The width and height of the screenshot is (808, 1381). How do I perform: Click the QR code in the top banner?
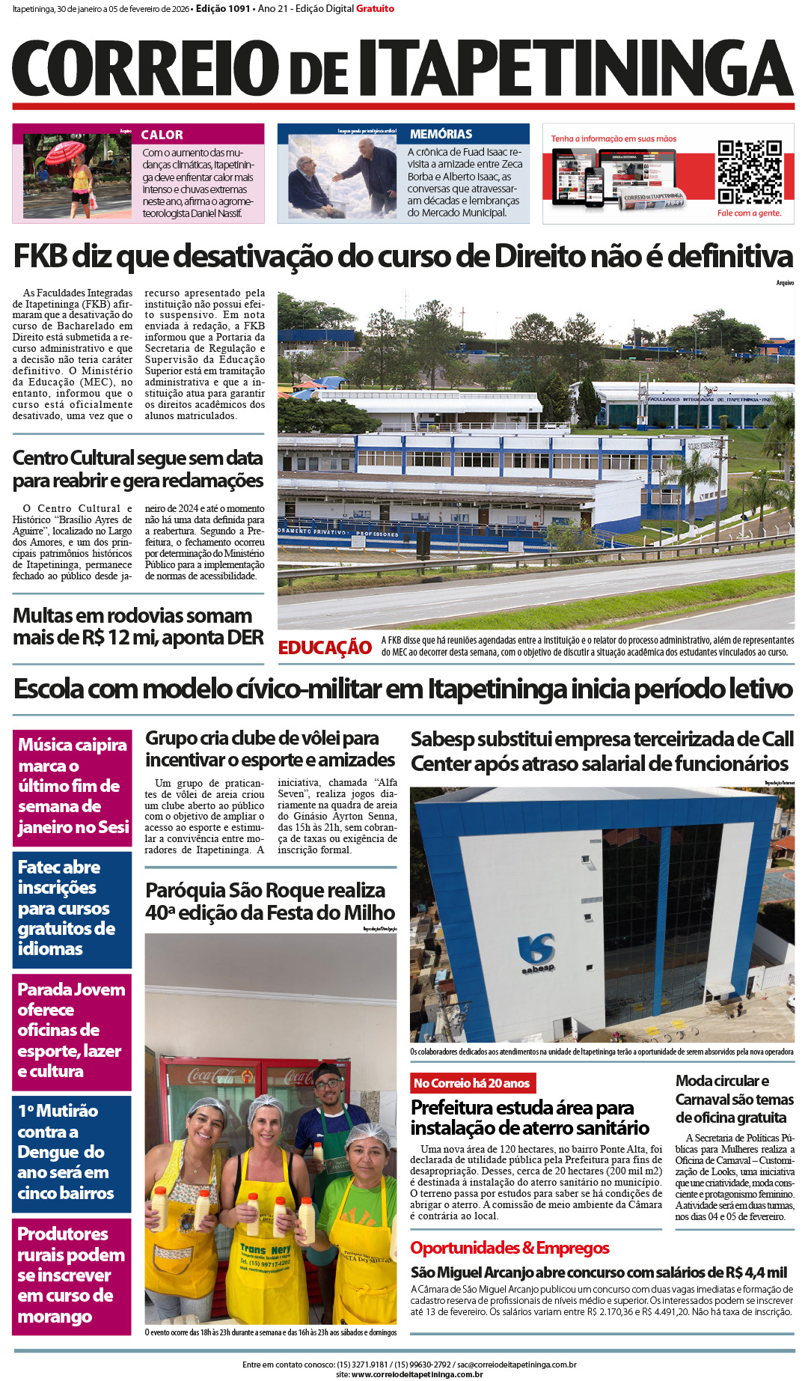[749, 172]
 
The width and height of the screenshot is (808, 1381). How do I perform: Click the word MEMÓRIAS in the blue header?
[441, 134]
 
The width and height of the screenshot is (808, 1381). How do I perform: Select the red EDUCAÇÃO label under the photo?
[325, 647]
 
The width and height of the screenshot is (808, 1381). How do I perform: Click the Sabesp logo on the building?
[537, 953]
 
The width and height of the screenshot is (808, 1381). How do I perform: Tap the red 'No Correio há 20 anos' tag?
[472, 1083]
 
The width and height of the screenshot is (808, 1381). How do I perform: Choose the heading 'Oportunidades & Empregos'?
[509, 1248]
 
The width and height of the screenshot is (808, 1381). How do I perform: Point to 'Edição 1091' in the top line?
[223, 9]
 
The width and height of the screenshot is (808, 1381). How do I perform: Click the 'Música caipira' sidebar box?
[72, 786]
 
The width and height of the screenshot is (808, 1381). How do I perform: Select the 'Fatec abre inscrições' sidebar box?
[72, 908]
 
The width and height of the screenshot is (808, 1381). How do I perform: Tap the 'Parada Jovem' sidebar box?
[72, 1030]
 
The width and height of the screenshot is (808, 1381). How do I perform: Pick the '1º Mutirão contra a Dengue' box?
[72, 1152]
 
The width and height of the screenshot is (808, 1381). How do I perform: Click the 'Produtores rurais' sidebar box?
[72, 1275]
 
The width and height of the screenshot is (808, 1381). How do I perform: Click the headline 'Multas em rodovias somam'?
[138, 627]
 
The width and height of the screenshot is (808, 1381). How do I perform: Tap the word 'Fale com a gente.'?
[749, 213]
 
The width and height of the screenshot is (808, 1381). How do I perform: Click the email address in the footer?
[516, 1365]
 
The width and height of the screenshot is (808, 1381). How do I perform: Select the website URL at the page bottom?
[417, 1374]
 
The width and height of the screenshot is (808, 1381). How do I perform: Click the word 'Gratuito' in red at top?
[375, 9]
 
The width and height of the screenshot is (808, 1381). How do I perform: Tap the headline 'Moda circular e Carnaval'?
[734, 1099]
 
